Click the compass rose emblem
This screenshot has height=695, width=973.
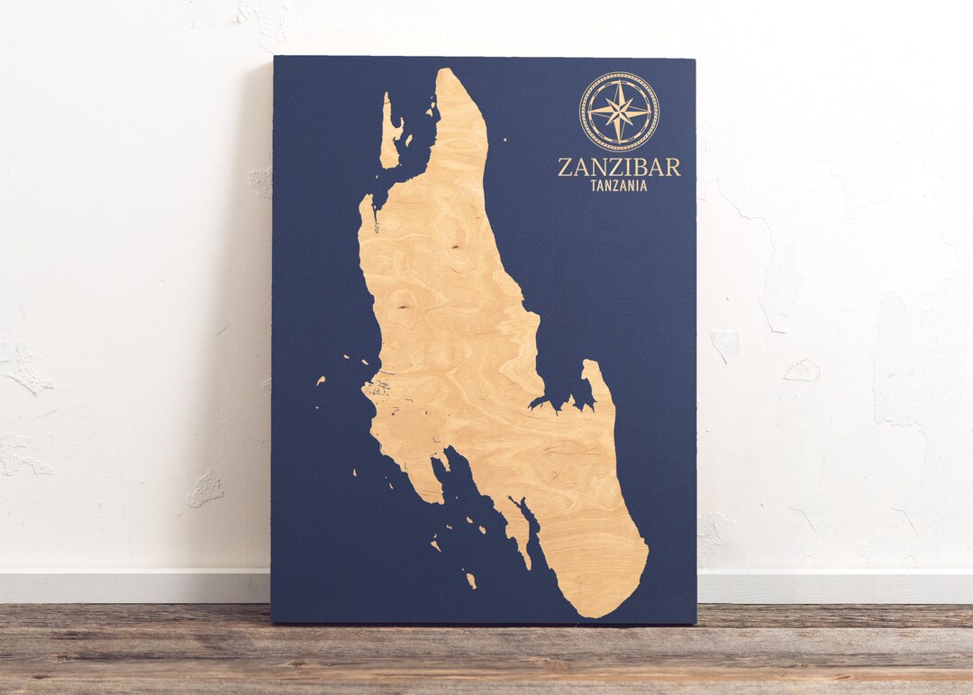pos(619,111)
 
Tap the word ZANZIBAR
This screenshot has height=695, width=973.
pos(619,167)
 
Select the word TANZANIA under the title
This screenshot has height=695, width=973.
pos(618,186)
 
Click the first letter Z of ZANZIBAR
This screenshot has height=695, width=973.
pos(564,167)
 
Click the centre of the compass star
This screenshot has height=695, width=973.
pos(619,111)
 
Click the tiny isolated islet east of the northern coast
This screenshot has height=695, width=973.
pos(505,141)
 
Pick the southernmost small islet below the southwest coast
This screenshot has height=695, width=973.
pos(470,580)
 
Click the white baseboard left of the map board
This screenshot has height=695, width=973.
pos(135,587)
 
